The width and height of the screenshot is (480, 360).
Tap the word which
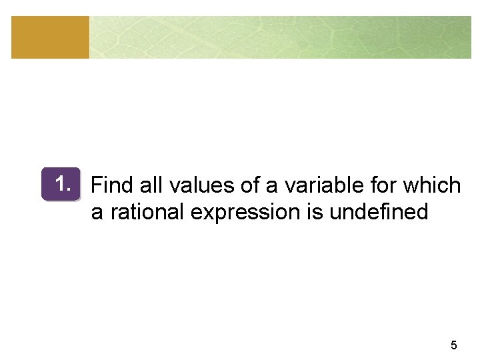[x=433, y=185]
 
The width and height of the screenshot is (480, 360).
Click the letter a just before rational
[x=97, y=213]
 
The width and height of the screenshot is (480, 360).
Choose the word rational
[x=147, y=212]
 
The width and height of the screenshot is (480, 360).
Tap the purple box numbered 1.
[x=60, y=184]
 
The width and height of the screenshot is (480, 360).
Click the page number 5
[x=454, y=345]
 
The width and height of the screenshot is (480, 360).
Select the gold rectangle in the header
[x=50, y=37]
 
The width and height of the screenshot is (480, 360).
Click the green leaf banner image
[x=280, y=37]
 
